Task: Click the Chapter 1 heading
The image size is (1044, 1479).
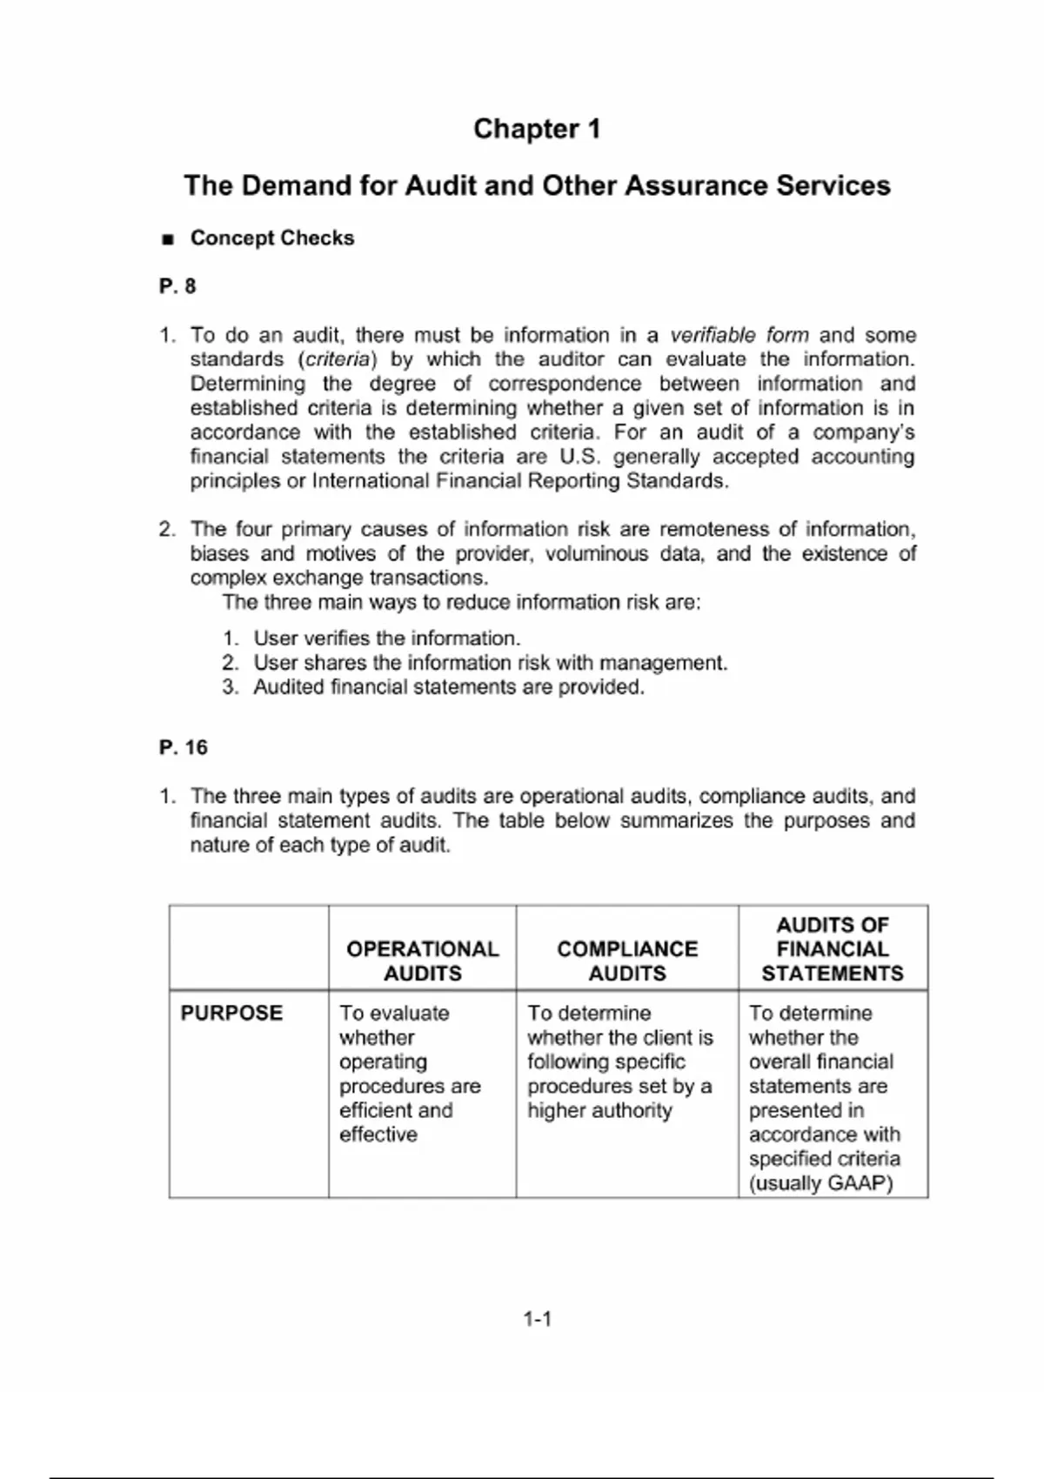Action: (x=537, y=129)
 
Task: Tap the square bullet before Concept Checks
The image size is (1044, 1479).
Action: (x=168, y=239)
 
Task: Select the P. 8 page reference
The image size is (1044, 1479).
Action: (x=177, y=286)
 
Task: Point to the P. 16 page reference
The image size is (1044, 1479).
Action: (x=184, y=747)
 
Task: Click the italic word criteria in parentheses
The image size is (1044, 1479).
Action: (x=338, y=359)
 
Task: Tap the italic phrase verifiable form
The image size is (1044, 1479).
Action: (x=739, y=335)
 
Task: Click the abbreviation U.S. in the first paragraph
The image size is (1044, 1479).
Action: (x=579, y=457)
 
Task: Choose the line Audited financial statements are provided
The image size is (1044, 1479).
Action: (x=448, y=686)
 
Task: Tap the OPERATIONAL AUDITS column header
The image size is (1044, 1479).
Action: (x=423, y=960)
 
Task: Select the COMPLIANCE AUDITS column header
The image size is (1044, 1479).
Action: (x=627, y=960)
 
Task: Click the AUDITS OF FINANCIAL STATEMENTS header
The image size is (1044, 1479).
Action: (x=833, y=948)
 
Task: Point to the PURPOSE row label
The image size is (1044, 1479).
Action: (x=231, y=1013)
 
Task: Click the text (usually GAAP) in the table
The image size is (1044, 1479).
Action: (x=820, y=1183)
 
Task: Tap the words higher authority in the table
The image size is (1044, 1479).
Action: (x=599, y=1110)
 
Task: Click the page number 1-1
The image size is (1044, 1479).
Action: (x=537, y=1319)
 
